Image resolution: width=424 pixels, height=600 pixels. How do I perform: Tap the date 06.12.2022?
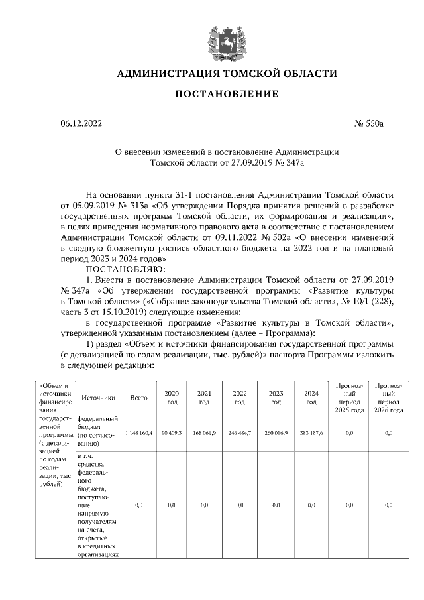pos(81,123)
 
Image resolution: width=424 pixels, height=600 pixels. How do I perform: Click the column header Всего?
pos(138,398)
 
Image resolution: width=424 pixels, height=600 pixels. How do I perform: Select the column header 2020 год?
pos(171,398)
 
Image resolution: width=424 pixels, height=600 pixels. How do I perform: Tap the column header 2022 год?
pos(240,398)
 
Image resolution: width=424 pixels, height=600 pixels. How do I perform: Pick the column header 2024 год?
pos(311,398)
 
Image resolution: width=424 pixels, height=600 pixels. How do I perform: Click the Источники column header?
pos(99,398)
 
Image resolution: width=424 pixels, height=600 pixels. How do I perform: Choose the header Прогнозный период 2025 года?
pos(348,398)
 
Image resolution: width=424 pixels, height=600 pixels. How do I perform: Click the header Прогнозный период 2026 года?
pos(390,398)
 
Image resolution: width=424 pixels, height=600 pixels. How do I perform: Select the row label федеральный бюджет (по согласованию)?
pos(98,432)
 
